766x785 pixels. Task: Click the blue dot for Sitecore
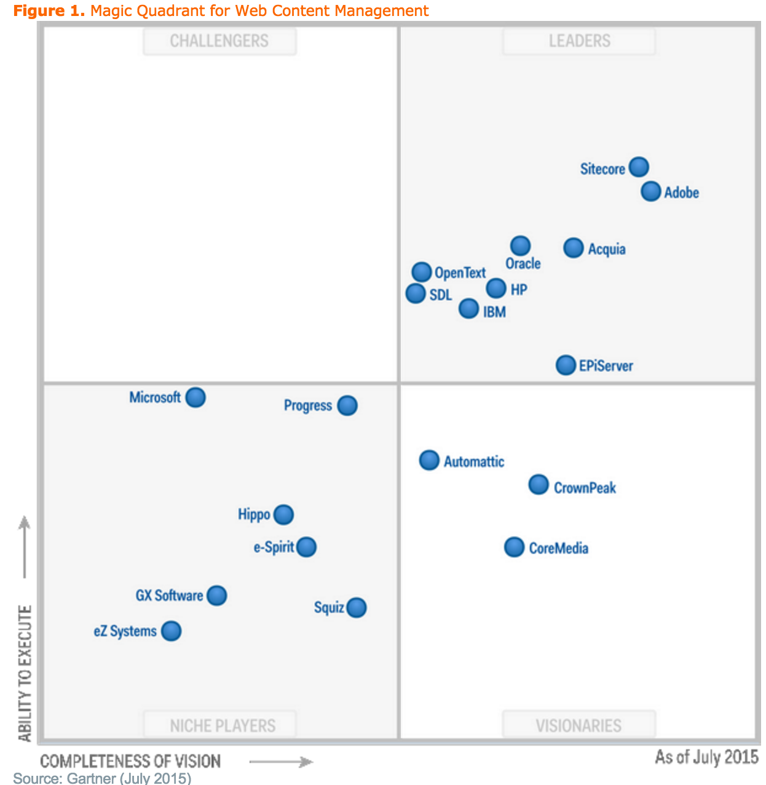(639, 167)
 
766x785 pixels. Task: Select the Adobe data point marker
(650, 191)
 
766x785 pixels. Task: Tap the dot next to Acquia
(573, 248)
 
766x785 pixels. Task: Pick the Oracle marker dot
(520, 245)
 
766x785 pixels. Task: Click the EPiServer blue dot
(566, 365)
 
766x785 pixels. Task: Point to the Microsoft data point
(195, 397)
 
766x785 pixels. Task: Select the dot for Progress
(347, 405)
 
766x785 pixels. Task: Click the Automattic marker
(429, 460)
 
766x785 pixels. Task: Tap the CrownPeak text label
(585, 488)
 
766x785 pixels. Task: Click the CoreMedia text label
(558, 548)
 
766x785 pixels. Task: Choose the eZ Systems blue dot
(171, 631)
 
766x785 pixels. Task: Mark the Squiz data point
(356, 608)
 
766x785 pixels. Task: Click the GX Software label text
(169, 596)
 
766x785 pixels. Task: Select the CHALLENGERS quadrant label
(219, 41)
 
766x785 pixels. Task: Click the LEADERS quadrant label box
(579, 41)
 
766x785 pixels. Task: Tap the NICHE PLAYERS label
(222, 725)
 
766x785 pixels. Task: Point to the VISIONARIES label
(578, 725)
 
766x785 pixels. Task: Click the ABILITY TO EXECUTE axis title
(25, 673)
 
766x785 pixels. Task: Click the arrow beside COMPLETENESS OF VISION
(281, 762)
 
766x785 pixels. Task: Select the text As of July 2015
(706, 757)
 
